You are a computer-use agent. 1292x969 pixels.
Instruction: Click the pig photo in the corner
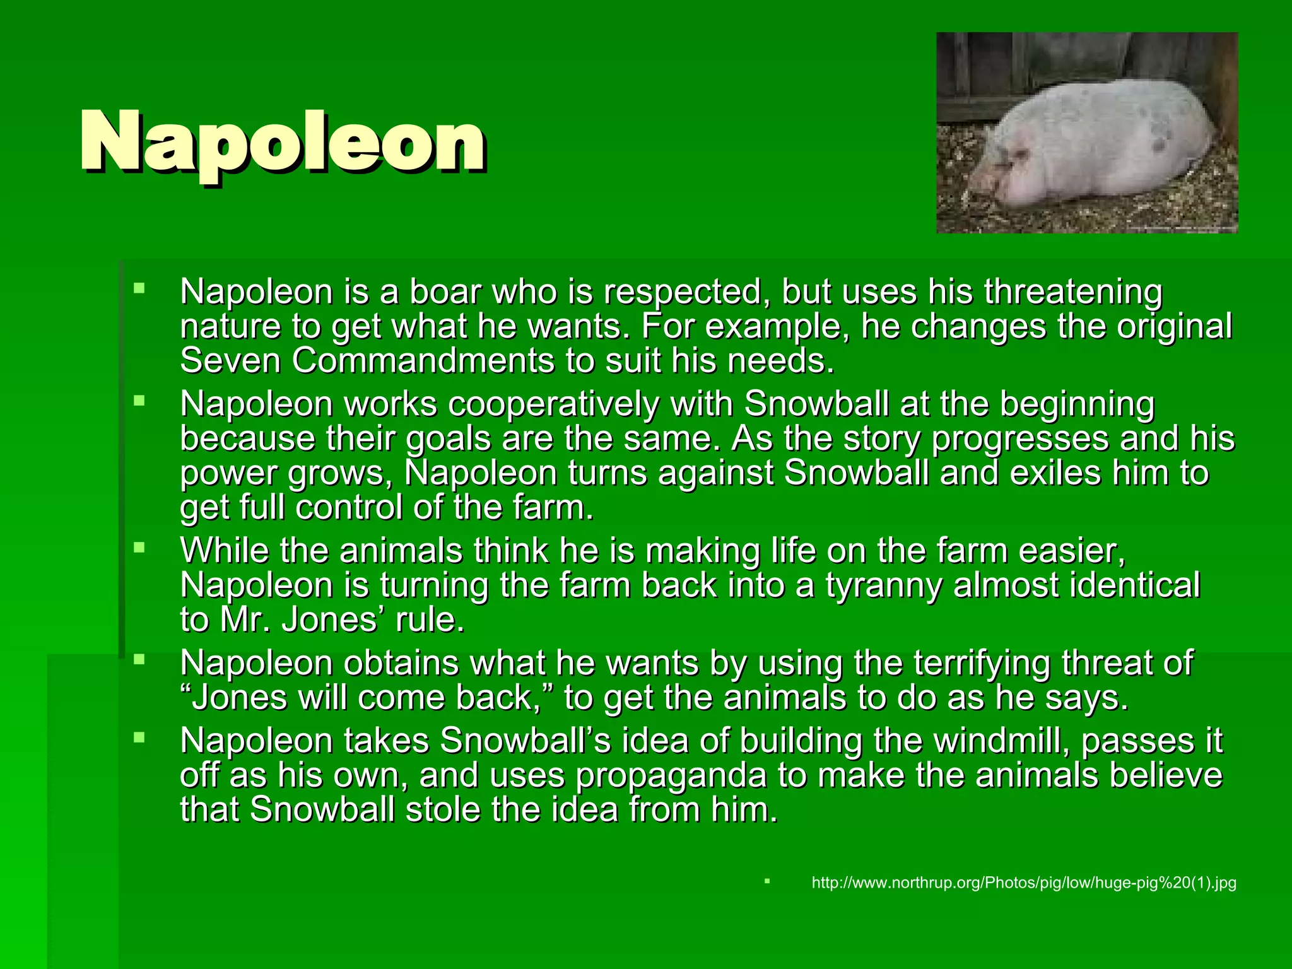[1086, 132]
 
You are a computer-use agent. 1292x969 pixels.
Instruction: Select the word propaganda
[671, 776]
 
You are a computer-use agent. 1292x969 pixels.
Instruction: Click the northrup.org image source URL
[1023, 883]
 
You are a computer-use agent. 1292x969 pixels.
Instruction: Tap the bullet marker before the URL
[767, 881]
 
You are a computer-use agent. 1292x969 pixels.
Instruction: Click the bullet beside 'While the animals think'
[139, 548]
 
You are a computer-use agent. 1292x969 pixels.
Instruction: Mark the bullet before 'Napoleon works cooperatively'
[139, 401]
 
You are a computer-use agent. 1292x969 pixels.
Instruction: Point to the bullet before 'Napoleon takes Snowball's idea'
[139, 737]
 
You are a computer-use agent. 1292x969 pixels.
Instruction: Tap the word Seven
[230, 361]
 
